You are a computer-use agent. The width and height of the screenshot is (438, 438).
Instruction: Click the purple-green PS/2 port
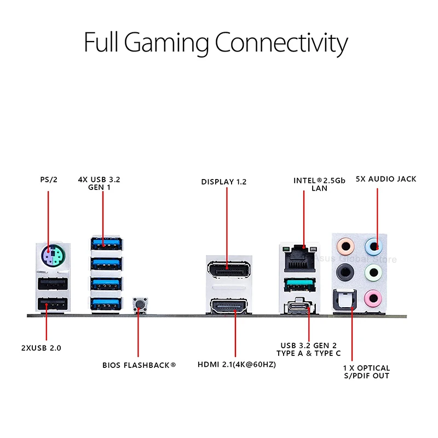click(53, 256)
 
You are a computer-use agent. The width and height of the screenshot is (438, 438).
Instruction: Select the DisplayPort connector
click(228, 270)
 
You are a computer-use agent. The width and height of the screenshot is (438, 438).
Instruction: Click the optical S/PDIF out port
click(345, 299)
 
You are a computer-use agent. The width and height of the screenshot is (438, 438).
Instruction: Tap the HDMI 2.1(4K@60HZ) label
click(237, 365)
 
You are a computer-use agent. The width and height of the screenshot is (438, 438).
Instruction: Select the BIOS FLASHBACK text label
click(139, 365)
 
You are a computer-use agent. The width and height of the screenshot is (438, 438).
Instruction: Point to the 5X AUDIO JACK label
click(386, 179)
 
